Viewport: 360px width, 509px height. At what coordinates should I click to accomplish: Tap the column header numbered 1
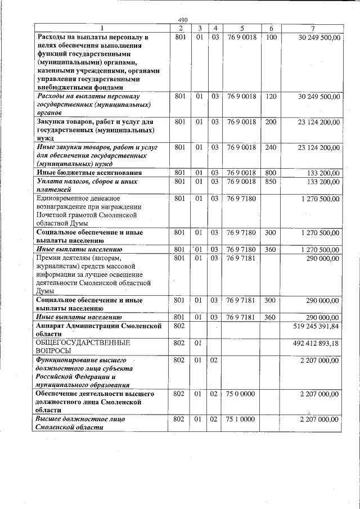click(x=102, y=28)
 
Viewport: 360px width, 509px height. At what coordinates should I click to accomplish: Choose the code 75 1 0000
click(x=241, y=419)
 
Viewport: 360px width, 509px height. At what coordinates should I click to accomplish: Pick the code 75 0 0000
click(x=241, y=394)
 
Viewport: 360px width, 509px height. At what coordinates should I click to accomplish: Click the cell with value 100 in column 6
click(x=271, y=37)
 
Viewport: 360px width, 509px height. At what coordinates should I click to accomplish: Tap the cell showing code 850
click(x=271, y=182)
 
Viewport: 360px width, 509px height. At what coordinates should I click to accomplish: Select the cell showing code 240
click(x=271, y=147)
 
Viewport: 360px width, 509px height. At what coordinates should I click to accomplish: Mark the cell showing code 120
click(x=271, y=97)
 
